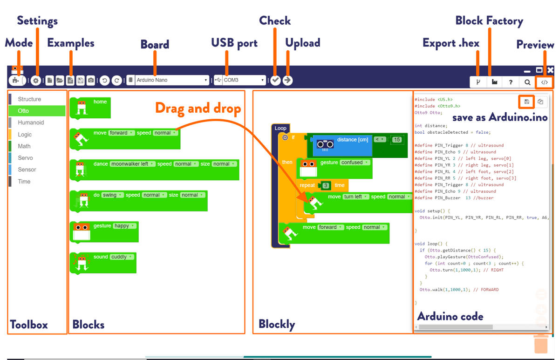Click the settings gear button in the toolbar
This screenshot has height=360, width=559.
click(x=36, y=81)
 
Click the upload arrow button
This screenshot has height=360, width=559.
click(x=287, y=80)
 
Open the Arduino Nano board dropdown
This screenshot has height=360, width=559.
click(x=172, y=80)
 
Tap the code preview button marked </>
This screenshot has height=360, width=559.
click(x=544, y=82)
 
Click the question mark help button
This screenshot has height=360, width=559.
click(x=511, y=82)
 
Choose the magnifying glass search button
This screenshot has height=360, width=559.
click(x=527, y=82)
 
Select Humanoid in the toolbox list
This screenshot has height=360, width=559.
click(x=31, y=122)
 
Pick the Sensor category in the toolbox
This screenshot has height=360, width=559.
click(x=27, y=170)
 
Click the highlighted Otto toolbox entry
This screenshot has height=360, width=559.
click(x=37, y=111)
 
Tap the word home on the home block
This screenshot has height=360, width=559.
click(x=100, y=102)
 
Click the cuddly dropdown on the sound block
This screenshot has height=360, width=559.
click(x=122, y=257)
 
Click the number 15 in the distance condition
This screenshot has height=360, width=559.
click(x=397, y=139)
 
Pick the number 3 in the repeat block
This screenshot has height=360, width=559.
click(x=326, y=185)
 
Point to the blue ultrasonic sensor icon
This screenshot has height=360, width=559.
click(x=325, y=144)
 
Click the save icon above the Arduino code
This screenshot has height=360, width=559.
click(x=526, y=102)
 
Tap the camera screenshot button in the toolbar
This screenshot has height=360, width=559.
click(x=91, y=80)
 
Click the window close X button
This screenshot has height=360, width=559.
click(x=550, y=70)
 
